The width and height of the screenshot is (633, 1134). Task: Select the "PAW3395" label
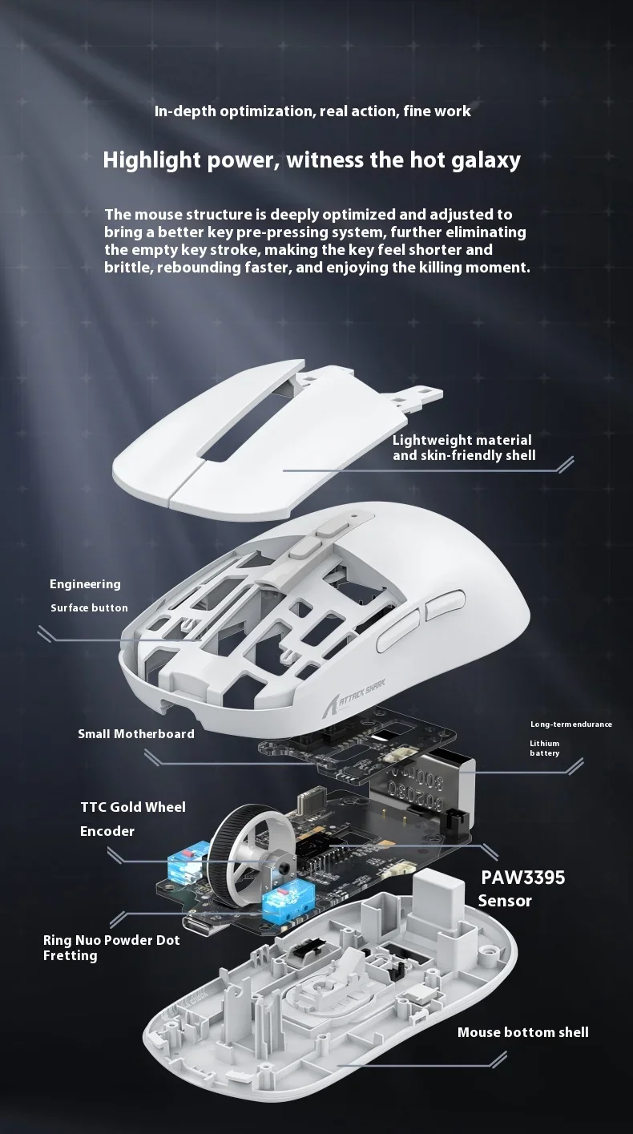click(522, 878)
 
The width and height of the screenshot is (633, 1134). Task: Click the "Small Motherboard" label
click(136, 733)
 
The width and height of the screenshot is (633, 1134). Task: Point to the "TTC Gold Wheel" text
click(133, 807)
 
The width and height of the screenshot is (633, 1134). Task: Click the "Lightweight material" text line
click(462, 440)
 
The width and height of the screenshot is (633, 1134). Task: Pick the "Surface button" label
click(89, 607)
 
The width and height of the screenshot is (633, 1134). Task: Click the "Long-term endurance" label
click(571, 724)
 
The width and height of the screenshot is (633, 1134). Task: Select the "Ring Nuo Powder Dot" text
click(111, 940)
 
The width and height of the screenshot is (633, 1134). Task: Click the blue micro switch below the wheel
click(284, 902)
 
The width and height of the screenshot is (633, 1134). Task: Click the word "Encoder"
click(107, 831)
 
